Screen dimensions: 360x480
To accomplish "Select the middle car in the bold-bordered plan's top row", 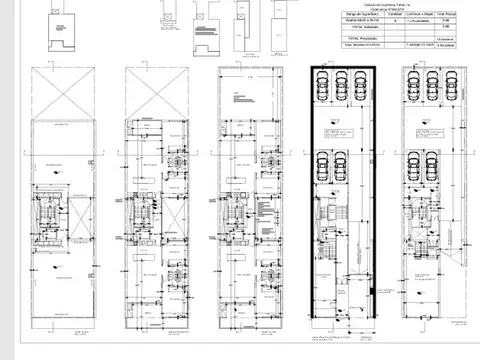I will (x=343, y=85).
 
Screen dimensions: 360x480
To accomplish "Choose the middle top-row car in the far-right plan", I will (x=432, y=85).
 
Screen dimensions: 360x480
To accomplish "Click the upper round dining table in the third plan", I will (x=268, y=160).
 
